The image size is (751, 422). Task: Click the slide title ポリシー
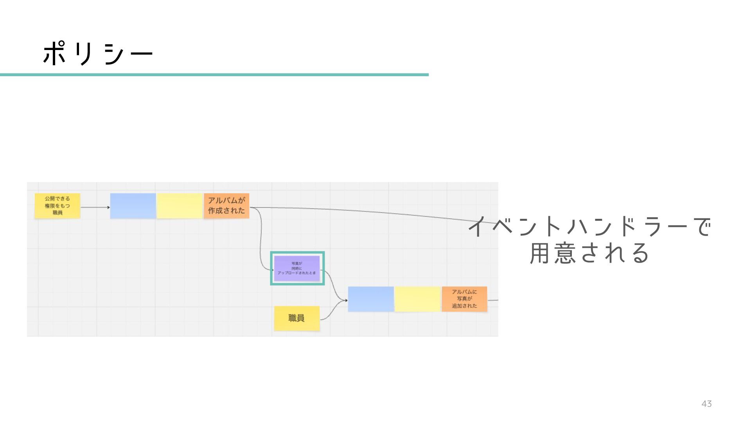pyautogui.click(x=98, y=53)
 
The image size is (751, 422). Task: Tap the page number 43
pyautogui.click(x=706, y=404)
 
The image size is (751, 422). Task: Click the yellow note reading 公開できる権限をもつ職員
pyautogui.click(x=57, y=206)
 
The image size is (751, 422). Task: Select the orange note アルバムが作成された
pyautogui.click(x=226, y=206)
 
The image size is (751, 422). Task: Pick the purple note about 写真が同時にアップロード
pyautogui.click(x=297, y=268)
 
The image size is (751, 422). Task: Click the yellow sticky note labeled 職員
pyautogui.click(x=296, y=318)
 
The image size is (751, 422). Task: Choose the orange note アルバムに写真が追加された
pyautogui.click(x=464, y=299)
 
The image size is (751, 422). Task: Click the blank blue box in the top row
pyautogui.click(x=133, y=206)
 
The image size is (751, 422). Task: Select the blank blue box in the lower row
pyautogui.click(x=371, y=299)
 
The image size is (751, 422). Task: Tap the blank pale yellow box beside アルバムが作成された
pyautogui.click(x=180, y=206)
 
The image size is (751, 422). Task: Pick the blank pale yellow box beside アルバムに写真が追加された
pyautogui.click(x=417, y=299)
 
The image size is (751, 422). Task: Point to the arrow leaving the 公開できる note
pyautogui.click(x=94, y=207)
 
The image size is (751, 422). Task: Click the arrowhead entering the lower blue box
pyautogui.click(x=346, y=300)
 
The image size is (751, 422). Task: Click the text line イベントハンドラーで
pyautogui.click(x=590, y=227)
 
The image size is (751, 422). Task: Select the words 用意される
pyautogui.click(x=590, y=253)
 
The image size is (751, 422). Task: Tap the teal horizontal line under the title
pyautogui.click(x=214, y=75)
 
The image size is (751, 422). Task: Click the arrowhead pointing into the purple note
pyautogui.click(x=272, y=270)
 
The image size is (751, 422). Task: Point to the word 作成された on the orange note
pyautogui.click(x=226, y=211)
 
